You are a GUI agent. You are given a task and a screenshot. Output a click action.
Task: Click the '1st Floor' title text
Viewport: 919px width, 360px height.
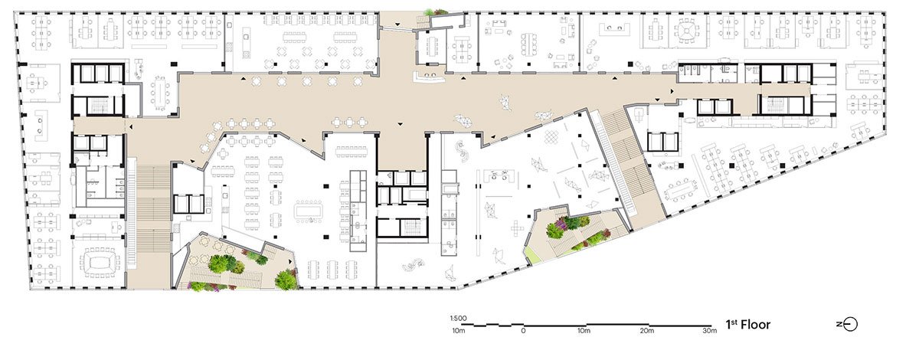coord(748,325)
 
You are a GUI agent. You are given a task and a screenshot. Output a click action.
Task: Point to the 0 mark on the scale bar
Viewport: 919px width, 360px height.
coord(523,332)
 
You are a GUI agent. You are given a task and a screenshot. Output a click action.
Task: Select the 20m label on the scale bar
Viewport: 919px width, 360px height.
coord(646,332)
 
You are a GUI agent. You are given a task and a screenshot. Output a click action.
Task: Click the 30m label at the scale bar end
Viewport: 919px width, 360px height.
coord(708,332)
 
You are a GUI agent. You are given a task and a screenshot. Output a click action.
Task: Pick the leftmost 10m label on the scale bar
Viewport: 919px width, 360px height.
coord(459,332)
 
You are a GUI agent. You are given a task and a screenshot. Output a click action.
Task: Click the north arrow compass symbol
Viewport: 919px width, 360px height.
coord(847,325)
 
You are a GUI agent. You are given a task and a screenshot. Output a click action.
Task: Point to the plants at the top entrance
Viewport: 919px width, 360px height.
coord(438,12)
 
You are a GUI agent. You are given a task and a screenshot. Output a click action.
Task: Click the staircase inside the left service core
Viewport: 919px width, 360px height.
coord(98,106)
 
